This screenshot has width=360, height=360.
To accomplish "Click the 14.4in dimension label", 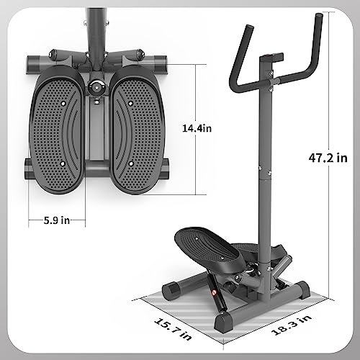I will click(197, 128).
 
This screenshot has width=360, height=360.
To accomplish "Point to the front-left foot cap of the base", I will click(222, 320).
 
